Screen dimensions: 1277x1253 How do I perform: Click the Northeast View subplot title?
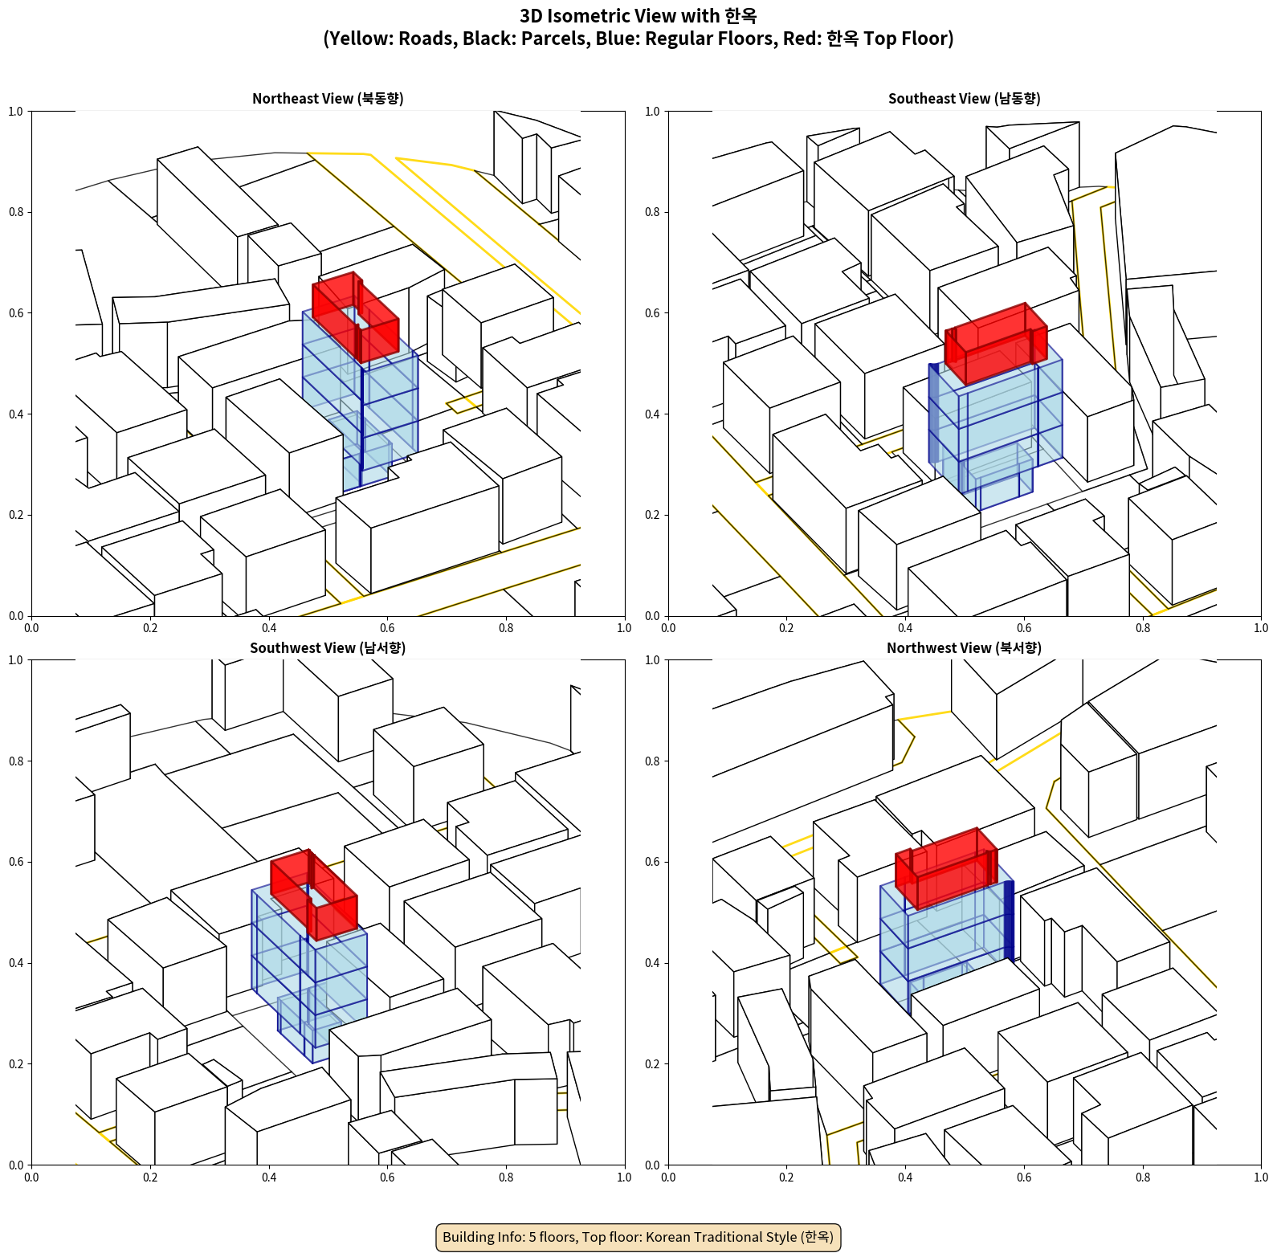pyautogui.click(x=328, y=98)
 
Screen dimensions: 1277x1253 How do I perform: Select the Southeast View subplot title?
pyautogui.click(x=964, y=98)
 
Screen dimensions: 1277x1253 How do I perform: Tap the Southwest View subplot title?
pyautogui.click(x=328, y=647)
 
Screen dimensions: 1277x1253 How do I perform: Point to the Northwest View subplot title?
pyautogui.click(x=964, y=647)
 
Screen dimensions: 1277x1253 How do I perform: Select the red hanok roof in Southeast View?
pyautogui.click(x=996, y=343)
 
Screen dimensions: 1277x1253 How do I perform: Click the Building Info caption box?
pyautogui.click(x=638, y=1237)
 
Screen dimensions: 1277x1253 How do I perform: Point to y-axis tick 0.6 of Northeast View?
pyautogui.click(x=16, y=313)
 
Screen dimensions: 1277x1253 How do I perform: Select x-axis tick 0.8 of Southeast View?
pyautogui.click(x=1143, y=628)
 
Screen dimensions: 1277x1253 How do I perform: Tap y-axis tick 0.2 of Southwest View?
pyautogui.click(x=16, y=1064)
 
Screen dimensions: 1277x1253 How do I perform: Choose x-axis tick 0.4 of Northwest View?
pyautogui.click(x=905, y=1177)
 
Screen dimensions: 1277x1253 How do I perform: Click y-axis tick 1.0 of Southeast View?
pyautogui.click(x=652, y=112)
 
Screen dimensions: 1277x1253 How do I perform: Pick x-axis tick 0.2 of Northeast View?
pyautogui.click(x=150, y=628)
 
